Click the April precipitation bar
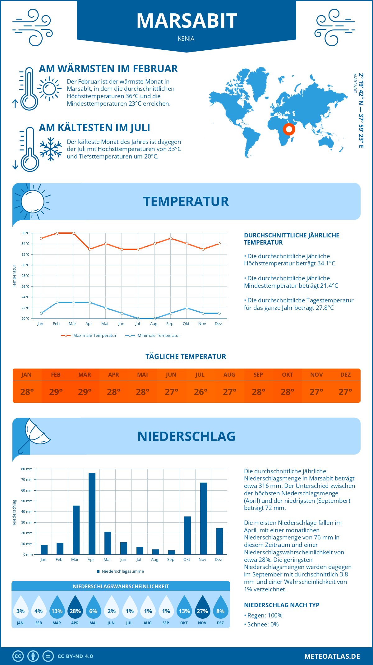point(92,514)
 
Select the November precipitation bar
point(204,518)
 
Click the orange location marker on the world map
point(289,129)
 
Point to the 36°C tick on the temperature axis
point(25,233)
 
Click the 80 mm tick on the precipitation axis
point(27,469)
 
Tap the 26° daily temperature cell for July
point(200,392)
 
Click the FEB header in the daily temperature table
point(56,375)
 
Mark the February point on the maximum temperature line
point(57,233)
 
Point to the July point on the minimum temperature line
point(138,319)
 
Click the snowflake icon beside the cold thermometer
point(51,149)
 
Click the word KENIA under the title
point(186,39)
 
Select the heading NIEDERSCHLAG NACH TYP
point(282,605)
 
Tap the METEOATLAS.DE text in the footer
point(332,656)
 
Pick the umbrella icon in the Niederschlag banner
point(34,434)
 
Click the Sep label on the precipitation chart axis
point(171,560)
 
